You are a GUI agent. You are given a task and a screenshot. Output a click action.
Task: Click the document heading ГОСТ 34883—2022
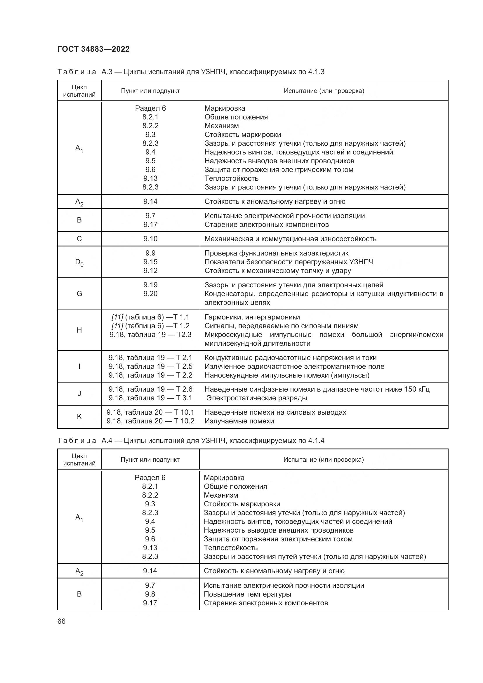click(x=93, y=49)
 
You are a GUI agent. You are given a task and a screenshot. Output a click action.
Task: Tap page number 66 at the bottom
click(x=61, y=621)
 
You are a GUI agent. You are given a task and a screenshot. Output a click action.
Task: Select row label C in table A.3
click(x=79, y=239)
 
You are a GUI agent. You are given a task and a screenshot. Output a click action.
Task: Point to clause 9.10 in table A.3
click(x=150, y=239)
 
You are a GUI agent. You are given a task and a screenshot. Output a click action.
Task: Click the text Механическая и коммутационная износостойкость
click(x=290, y=239)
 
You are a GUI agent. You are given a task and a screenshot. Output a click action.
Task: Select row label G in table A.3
click(x=79, y=293)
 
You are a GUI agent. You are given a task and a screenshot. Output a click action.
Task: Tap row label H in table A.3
click(x=79, y=330)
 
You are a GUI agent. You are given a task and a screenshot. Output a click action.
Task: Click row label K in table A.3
click(x=79, y=416)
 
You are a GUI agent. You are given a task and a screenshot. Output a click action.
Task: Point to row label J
click(x=79, y=394)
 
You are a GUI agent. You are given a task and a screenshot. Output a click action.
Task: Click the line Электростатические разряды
click(x=257, y=398)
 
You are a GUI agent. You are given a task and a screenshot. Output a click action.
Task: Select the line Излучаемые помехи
click(x=239, y=421)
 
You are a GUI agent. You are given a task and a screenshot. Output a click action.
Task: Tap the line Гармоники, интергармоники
click(x=252, y=317)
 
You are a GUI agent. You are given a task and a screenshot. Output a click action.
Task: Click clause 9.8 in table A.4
click(x=150, y=594)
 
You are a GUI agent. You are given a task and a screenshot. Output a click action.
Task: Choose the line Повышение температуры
click(x=247, y=594)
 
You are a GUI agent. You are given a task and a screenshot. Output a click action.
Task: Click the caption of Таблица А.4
click(x=191, y=441)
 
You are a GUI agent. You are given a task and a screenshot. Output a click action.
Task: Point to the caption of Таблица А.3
click(x=191, y=72)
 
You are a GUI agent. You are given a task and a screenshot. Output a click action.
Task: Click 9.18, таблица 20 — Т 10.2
click(x=150, y=421)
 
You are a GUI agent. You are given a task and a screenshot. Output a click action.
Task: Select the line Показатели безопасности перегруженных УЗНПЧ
click(x=289, y=262)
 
